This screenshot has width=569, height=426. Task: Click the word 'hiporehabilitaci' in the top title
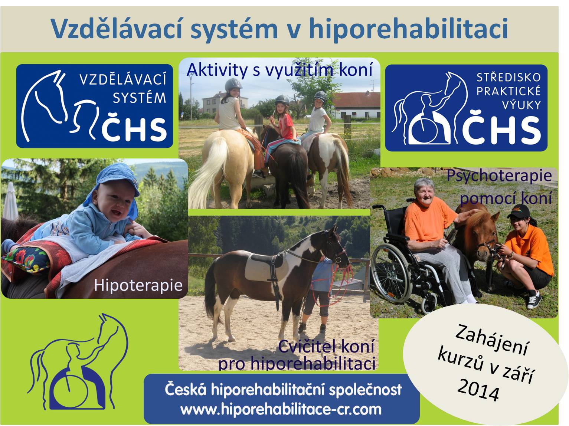[408, 29]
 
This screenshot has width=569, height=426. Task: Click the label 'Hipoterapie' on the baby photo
[138, 285]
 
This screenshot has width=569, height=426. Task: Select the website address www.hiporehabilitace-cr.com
[281, 409]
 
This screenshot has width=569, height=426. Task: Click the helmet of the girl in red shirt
[282, 100]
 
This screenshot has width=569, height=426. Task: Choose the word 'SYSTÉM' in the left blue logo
[140, 98]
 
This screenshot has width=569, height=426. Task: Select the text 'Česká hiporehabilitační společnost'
[283, 390]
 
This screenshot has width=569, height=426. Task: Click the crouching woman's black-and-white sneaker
[534, 300]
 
